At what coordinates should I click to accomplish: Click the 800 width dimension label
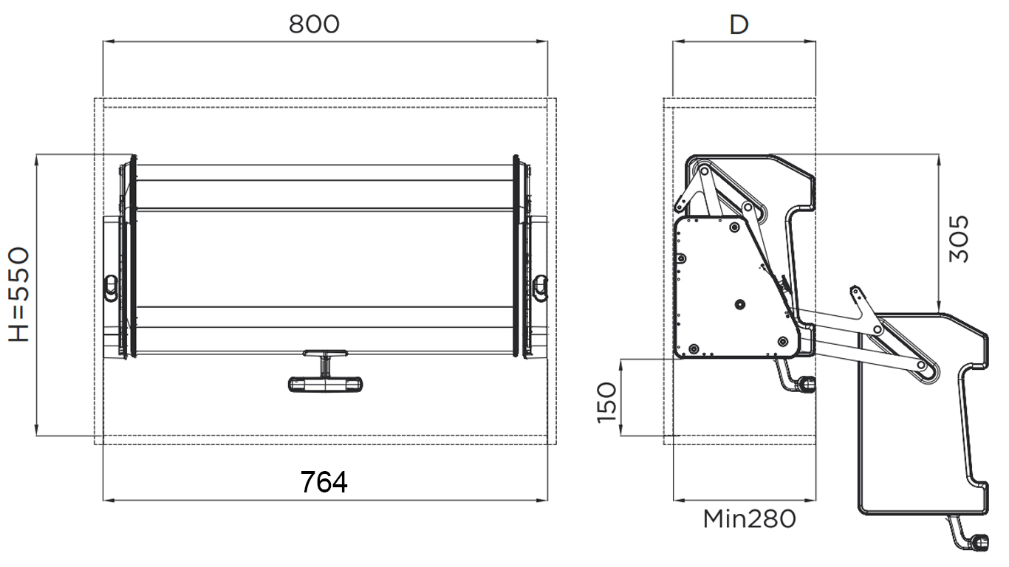click(314, 24)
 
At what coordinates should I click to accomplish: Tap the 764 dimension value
click(324, 482)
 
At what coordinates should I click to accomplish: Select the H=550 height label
click(19, 295)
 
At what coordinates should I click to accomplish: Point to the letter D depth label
click(739, 25)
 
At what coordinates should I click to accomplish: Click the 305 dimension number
click(959, 239)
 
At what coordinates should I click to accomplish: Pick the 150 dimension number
click(606, 402)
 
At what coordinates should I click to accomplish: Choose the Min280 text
click(750, 519)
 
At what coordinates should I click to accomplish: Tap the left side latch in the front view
click(110, 288)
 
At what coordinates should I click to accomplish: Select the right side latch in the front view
click(540, 288)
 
